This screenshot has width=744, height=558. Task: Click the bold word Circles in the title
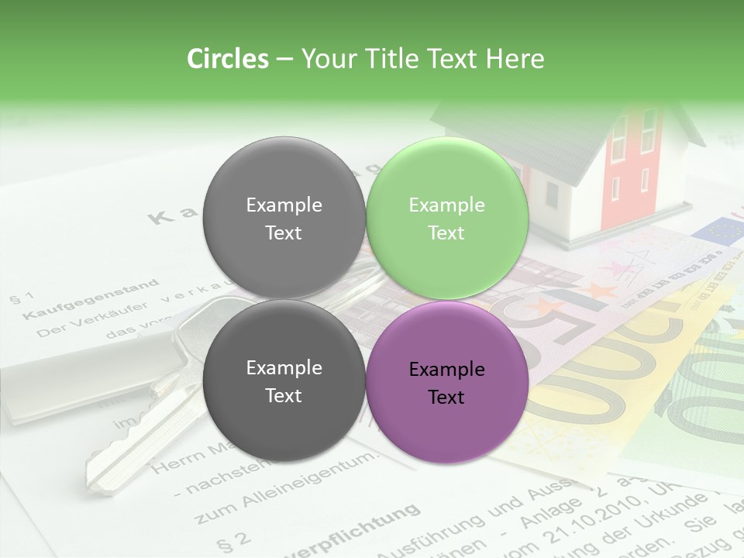click(227, 59)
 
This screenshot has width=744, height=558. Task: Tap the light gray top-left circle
click(284, 218)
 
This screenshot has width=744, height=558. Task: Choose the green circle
click(447, 218)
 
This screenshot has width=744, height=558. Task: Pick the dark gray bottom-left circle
click(284, 381)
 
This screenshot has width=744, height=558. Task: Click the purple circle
click(447, 381)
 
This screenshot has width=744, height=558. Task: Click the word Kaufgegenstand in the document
click(91, 299)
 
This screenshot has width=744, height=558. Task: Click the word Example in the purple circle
click(446, 370)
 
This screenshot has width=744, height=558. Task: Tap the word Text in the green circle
click(446, 232)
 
